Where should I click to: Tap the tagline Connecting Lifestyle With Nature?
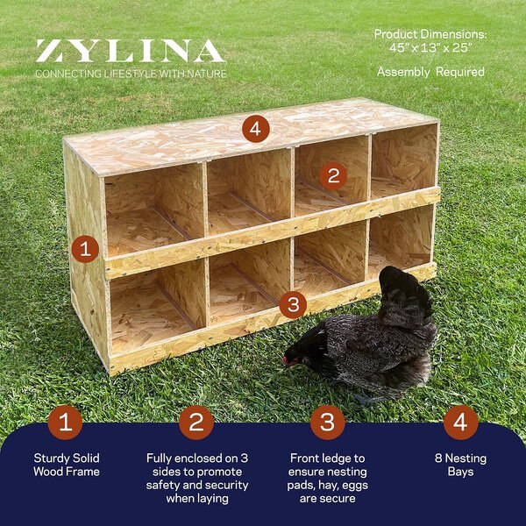(x=131, y=74)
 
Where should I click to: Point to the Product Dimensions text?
(x=430, y=40)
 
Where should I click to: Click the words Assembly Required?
(x=430, y=72)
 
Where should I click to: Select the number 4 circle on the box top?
(x=254, y=130)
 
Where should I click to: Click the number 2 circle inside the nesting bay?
(x=332, y=174)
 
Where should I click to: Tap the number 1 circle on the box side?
(x=84, y=249)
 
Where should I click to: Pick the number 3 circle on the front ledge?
(x=293, y=305)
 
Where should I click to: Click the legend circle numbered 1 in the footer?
(x=66, y=423)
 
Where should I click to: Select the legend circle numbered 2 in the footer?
(x=196, y=423)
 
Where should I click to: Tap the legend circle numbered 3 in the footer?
(x=327, y=423)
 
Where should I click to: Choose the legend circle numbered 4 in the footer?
(x=460, y=423)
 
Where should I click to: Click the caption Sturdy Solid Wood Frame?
(x=67, y=465)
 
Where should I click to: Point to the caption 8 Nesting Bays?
(x=460, y=465)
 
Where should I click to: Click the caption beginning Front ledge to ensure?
(x=327, y=478)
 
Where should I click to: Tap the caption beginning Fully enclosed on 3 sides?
(x=196, y=478)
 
